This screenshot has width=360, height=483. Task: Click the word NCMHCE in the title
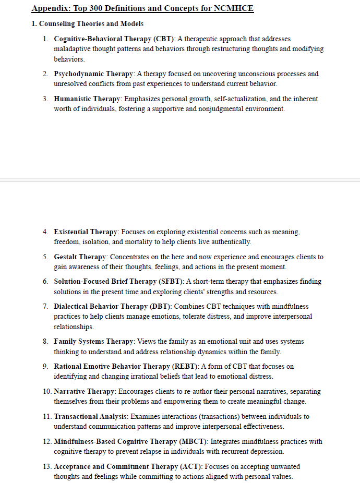coord(233,9)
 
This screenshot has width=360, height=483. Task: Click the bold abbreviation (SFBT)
coord(171,282)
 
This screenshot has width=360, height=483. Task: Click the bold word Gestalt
coord(67,257)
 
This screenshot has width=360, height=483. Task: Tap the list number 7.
coord(46,306)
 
